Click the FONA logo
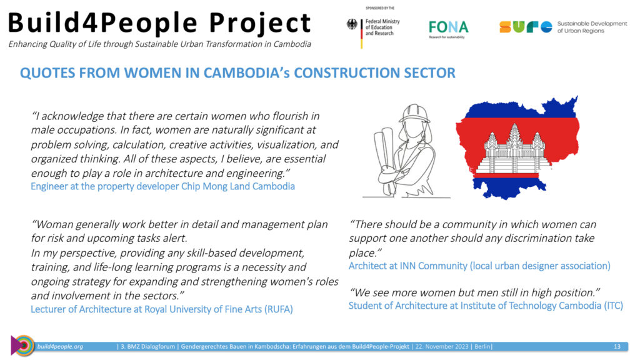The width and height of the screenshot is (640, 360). pyautogui.click(x=448, y=29)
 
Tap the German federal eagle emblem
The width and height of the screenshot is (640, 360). pyautogui.click(x=352, y=24)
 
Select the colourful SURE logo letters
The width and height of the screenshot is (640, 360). pyautogui.click(x=526, y=27)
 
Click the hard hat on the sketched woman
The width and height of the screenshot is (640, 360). pyautogui.click(x=414, y=113)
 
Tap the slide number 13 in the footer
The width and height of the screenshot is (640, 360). pyautogui.click(x=617, y=346)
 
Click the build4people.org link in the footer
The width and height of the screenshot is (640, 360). pyautogui.click(x=60, y=346)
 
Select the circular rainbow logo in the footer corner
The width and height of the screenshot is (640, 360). pyautogui.click(x=22, y=345)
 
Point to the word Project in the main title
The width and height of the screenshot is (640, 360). pyautogui.click(x=260, y=23)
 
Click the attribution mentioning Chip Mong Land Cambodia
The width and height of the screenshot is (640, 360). pyautogui.click(x=163, y=186)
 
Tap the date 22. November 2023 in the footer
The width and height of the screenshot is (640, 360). pyautogui.click(x=442, y=346)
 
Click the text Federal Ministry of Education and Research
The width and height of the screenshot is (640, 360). pyautogui.click(x=382, y=27)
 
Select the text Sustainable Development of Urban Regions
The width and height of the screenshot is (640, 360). pyautogui.click(x=592, y=27)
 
